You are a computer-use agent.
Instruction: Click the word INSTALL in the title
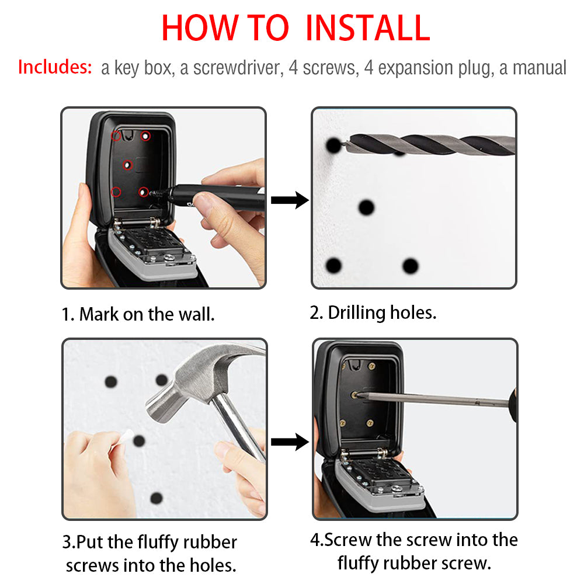[x=368, y=27]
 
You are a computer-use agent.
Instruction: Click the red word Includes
[x=55, y=67]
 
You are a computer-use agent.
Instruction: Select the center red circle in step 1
[x=128, y=166]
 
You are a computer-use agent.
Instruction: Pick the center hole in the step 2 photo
[x=366, y=207]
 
